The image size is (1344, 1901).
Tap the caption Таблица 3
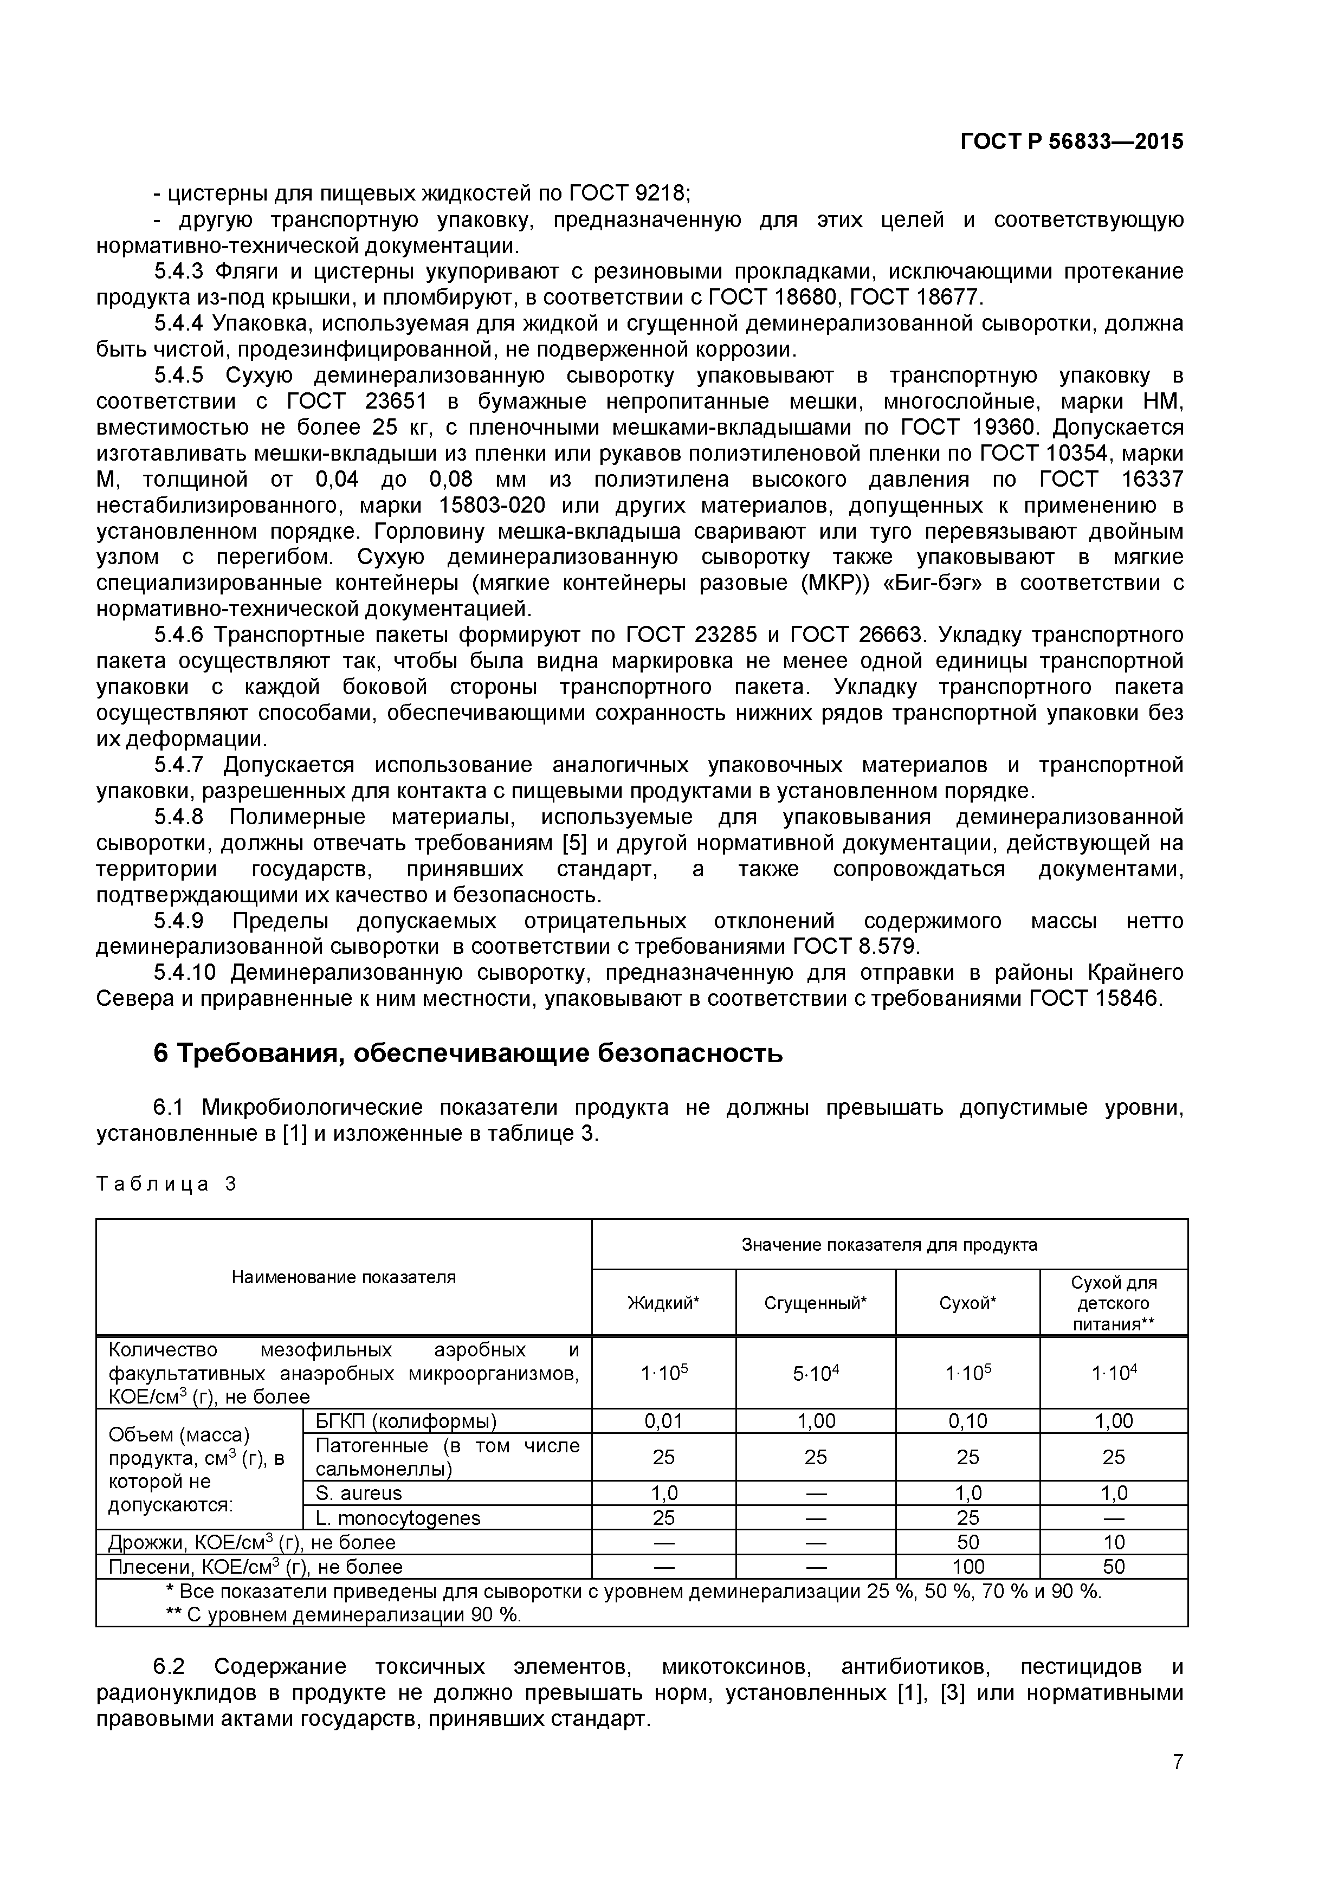pyautogui.click(x=166, y=1184)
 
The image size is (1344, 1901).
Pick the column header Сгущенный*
pyautogui.click(x=815, y=1303)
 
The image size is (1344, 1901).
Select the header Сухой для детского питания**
pyautogui.click(x=1113, y=1303)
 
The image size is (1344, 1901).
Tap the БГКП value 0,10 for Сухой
pyautogui.click(x=967, y=1421)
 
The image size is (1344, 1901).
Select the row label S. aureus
pyautogui.click(x=359, y=1493)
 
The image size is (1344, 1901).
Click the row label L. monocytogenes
pyautogui.click(x=397, y=1518)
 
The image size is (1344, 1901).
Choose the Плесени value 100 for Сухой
pyautogui.click(x=967, y=1567)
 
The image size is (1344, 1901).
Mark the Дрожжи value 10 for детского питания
pyautogui.click(x=1113, y=1542)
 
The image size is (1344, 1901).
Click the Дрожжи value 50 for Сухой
pyautogui.click(x=967, y=1542)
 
